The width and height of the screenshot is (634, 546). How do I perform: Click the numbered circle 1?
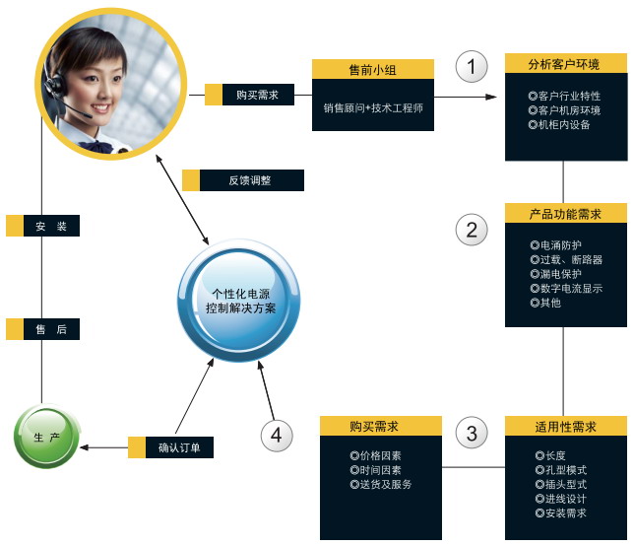point(472,67)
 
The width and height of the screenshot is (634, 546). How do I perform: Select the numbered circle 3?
point(472,431)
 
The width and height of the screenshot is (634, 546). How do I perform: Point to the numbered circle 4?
point(277,435)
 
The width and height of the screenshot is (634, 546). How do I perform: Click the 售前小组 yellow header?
point(373,69)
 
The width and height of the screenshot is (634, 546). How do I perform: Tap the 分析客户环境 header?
point(565,65)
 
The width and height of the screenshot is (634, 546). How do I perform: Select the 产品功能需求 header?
point(565,214)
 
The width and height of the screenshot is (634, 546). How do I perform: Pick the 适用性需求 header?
point(565,427)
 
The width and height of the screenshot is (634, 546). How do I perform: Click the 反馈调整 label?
point(250,181)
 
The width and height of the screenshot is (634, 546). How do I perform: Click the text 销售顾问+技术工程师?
point(373,108)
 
